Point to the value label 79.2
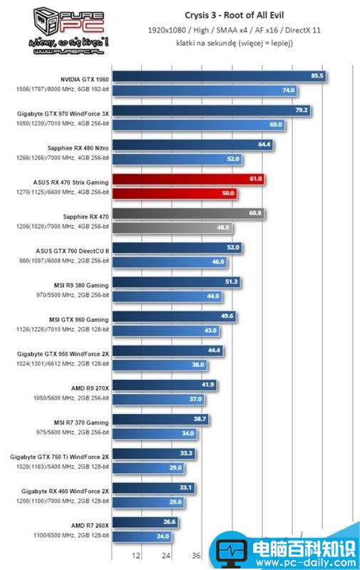click(x=302, y=110)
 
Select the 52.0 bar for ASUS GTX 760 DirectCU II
click(x=178, y=247)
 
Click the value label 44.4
click(x=215, y=351)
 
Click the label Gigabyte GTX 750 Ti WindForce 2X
click(x=60, y=455)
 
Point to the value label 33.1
click(x=186, y=487)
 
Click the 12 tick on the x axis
click(x=136, y=556)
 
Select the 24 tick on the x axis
click(x=166, y=556)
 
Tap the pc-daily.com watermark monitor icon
click(x=232, y=551)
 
